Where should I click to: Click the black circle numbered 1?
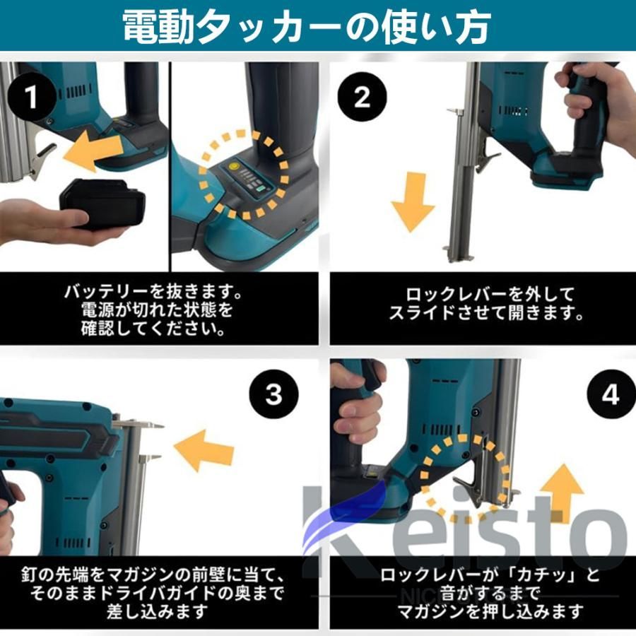pos(32,97)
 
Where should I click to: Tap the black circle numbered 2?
pos(362,97)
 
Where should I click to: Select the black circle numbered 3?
pos(273,394)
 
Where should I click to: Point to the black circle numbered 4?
pos(611,394)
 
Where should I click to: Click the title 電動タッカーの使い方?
pos(307,27)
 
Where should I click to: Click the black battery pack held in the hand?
pos(102,204)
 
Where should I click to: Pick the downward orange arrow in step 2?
pos(413,201)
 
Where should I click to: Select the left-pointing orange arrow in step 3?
pos(204,451)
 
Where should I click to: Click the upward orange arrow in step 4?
pos(563,492)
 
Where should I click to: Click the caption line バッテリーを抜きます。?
pos(153,291)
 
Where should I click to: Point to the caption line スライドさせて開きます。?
pos(486,313)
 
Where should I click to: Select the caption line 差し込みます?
pos(158,612)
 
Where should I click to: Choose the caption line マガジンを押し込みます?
pos(490,612)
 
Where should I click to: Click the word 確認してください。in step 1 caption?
pos(153,329)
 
